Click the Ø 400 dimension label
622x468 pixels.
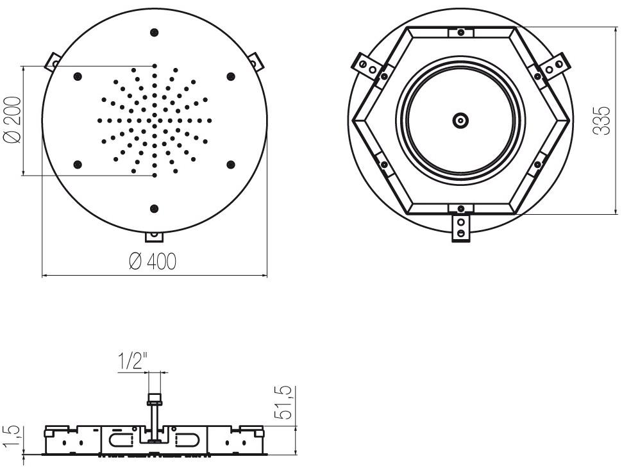coord(153,261)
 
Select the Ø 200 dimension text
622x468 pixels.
coord(12,120)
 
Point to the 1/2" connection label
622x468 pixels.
coord(133,361)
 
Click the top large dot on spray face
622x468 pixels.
coord(155,33)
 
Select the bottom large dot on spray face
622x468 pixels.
coord(155,208)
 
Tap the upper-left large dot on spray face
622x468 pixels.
coord(78,76)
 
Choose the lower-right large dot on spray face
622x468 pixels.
coord(230,164)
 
